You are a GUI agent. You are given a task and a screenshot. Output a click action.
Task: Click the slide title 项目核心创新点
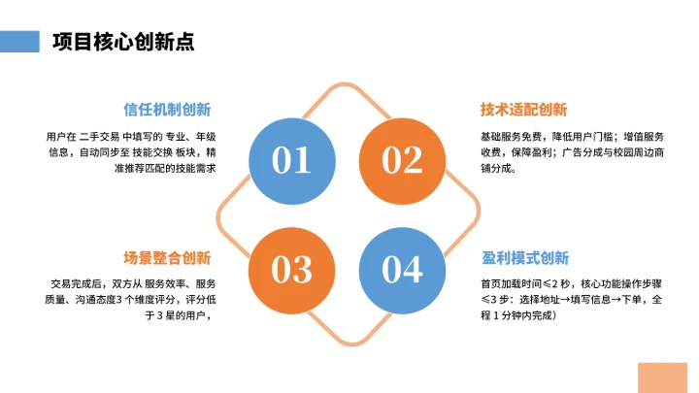point(122,41)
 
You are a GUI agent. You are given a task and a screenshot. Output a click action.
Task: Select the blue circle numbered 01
point(291,159)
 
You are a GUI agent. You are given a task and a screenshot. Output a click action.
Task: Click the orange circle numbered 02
point(402,159)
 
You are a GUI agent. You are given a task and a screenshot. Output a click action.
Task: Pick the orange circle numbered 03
point(291,269)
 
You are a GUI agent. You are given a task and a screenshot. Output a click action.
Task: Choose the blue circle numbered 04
point(402,269)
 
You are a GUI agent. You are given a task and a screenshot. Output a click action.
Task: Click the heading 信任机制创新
point(167,110)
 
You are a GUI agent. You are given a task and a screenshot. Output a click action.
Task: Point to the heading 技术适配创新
point(524,110)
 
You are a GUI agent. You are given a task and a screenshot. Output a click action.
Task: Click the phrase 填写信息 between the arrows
point(597,299)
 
